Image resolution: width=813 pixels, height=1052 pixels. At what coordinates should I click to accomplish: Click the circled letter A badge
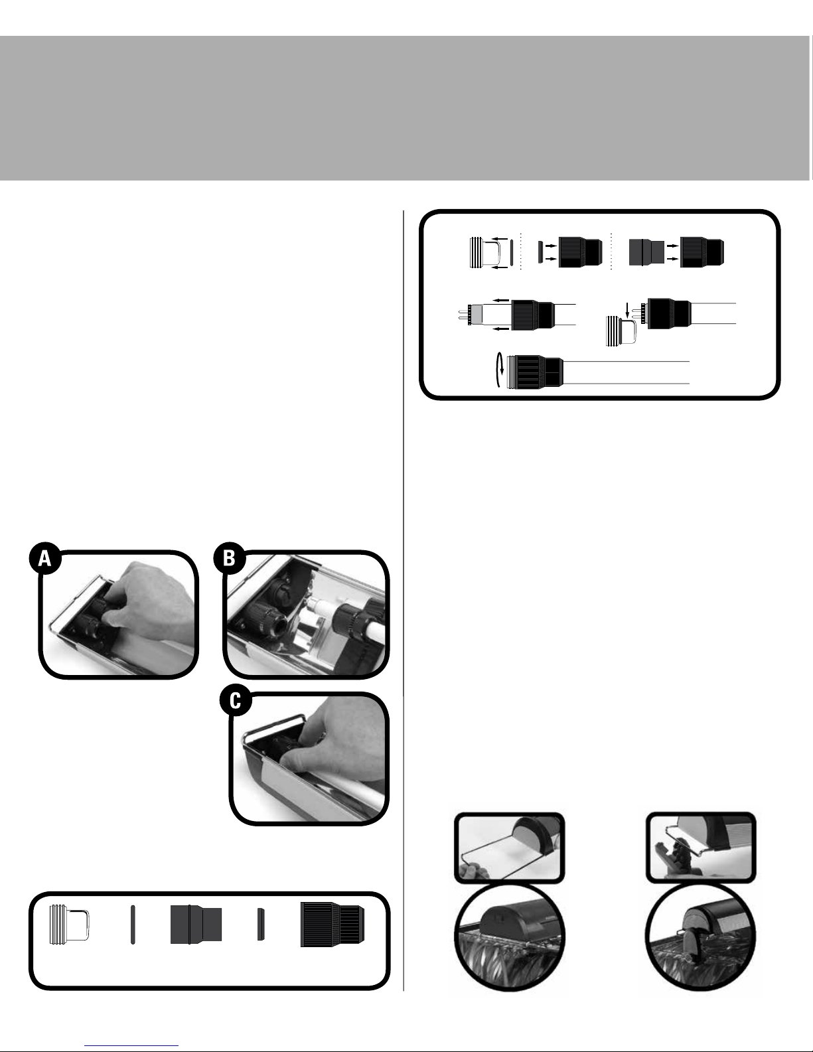click(x=45, y=558)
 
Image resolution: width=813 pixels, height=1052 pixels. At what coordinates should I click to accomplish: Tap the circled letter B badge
click(x=230, y=558)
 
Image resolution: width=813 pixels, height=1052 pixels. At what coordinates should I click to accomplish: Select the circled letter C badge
click(x=236, y=700)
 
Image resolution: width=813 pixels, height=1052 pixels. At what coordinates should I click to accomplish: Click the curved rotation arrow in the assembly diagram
click(x=499, y=370)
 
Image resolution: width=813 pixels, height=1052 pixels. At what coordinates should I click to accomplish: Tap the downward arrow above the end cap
click(x=628, y=310)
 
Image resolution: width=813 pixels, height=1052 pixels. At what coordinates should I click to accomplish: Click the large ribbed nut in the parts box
click(x=332, y=924)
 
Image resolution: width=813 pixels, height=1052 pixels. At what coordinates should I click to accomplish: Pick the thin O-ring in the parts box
click(x=133, y=925)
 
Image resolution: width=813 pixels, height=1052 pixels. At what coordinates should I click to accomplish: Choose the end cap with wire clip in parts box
click(x=69, y=925)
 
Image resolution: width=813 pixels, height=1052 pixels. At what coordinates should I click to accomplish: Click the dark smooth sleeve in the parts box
click(x=196, y=924)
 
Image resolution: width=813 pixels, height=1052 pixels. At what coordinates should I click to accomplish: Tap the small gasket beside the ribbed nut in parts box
click(x=260, y=924)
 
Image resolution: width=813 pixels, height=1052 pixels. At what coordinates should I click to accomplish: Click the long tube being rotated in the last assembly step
click(x=627, y=372)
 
